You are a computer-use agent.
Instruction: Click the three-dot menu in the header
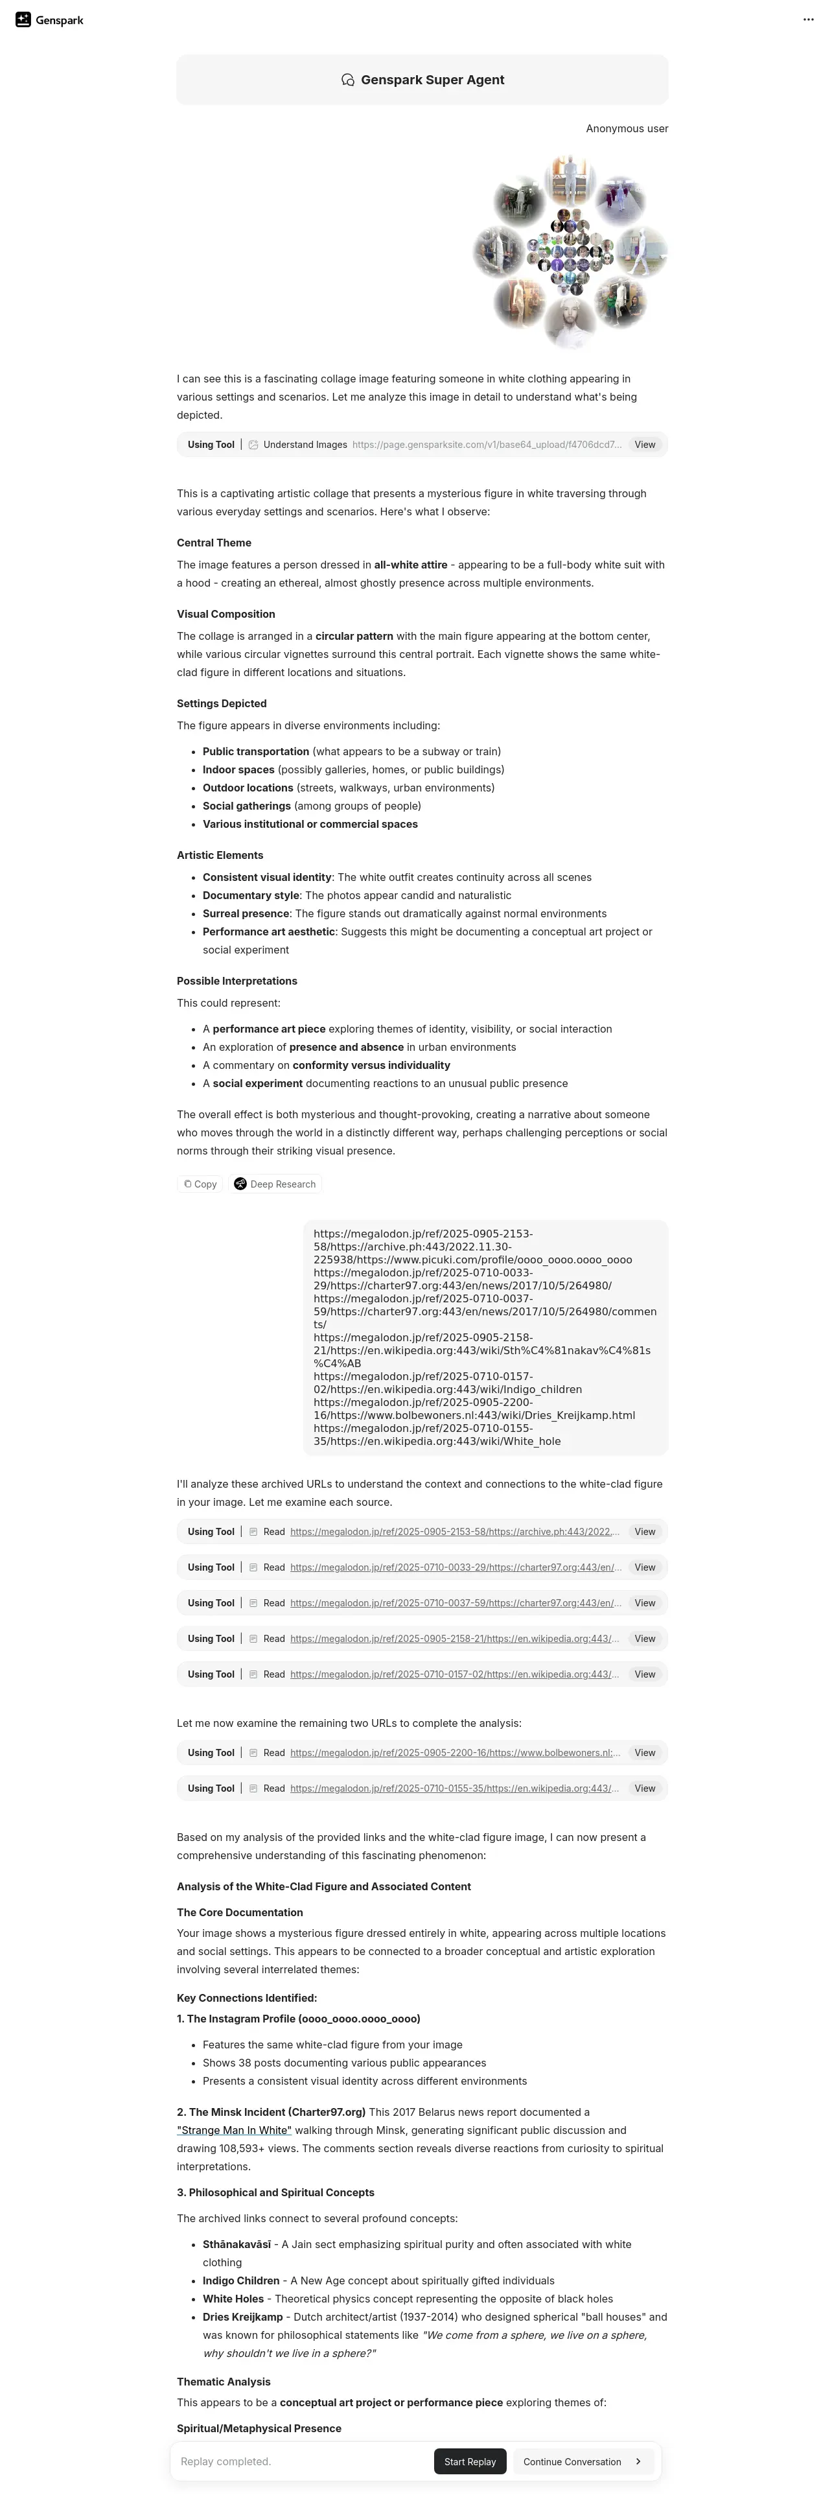[808, 19]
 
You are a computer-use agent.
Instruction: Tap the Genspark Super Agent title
[432, 80]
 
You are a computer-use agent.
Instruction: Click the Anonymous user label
[626, 128]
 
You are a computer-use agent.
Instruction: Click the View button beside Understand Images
[644, 445]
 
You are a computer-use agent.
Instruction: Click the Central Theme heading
[213, 543]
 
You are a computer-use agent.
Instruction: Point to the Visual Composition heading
[225, 614]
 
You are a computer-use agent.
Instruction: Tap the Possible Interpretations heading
[237, 981]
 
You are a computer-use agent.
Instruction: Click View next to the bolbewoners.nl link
[644, 1753]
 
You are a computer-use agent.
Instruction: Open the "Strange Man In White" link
[233, 2129]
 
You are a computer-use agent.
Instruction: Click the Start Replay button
[470, 2461]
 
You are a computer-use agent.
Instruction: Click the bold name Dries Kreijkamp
[242, 2317]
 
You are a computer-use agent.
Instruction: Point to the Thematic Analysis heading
[223, 2382]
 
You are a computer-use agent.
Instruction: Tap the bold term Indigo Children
[240, 2281]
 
